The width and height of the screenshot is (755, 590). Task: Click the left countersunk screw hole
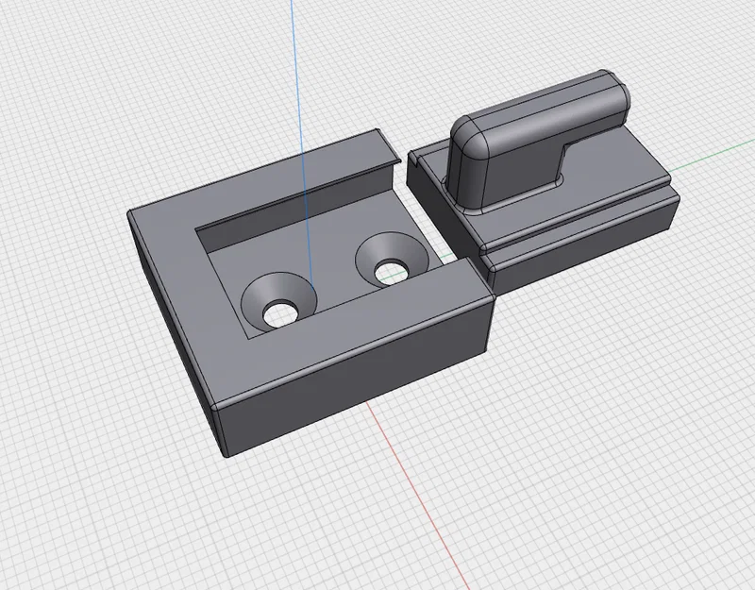pos(277,302)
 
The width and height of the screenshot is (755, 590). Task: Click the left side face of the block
pos(175,321)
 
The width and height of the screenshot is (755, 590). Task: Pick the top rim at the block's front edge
pos(349,335)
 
